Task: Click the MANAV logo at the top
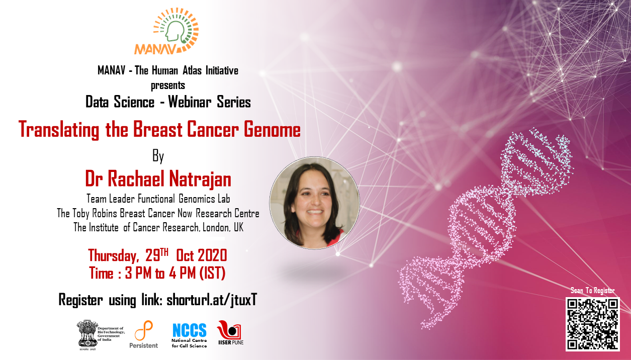point(167,31)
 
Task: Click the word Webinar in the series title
point(190,102)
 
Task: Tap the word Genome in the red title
point(272,130)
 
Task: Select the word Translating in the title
point(59,130)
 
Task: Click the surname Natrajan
point(200,179)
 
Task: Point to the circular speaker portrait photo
point(314,203)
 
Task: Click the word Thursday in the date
point(113,256)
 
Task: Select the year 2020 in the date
point(212,255)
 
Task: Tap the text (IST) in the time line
point(212,273)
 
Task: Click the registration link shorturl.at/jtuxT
point(212,300)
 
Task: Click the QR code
point(593,324)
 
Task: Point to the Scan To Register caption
point(593,291)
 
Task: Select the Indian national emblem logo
point(87,335)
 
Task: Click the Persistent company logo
point(144,335)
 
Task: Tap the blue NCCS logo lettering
point(189,330)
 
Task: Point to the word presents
point(168,85)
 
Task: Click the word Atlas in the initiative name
point(192,70)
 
